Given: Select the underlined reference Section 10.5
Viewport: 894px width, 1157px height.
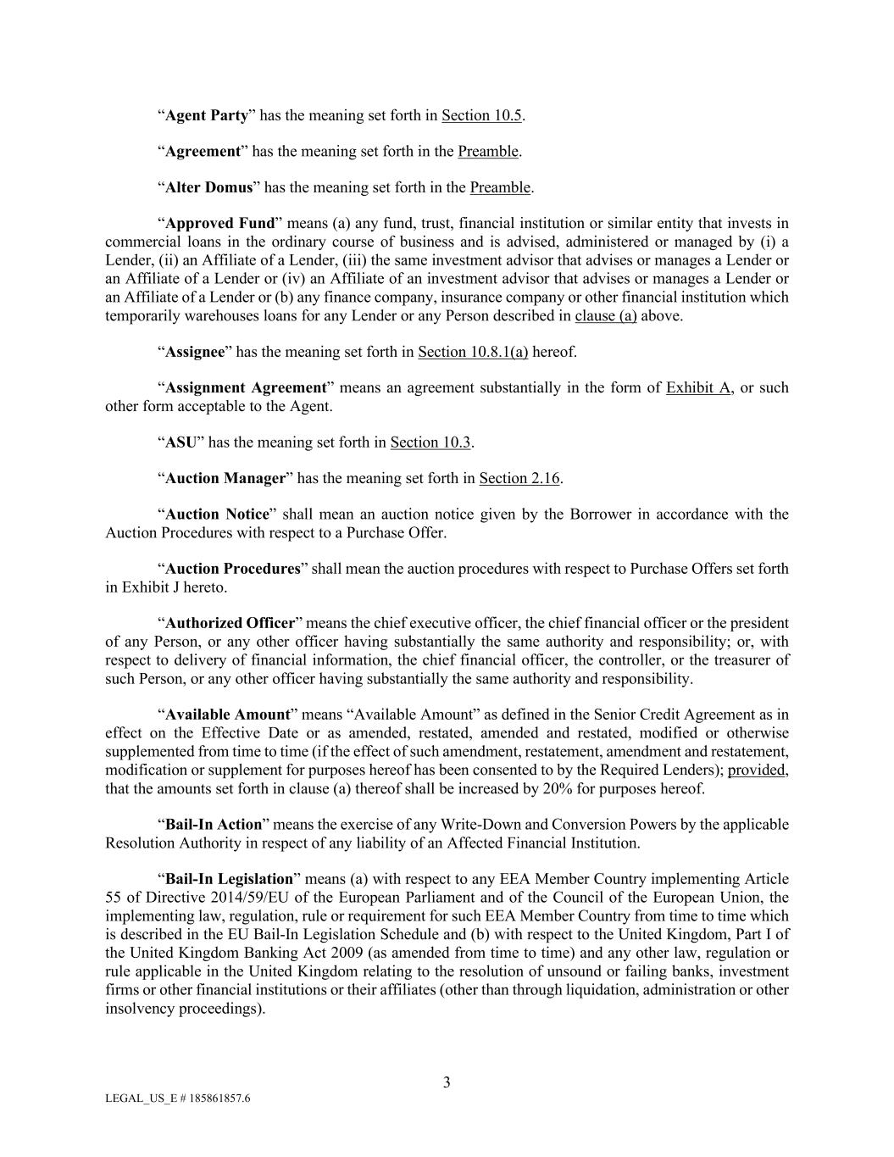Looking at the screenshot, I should pyautogui.click(x=481, y=115).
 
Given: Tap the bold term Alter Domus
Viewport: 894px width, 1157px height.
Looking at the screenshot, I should pyautogui.click(x=208, y=187).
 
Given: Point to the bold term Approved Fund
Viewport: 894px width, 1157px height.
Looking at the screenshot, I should pyautogui.click(x=220, y=224).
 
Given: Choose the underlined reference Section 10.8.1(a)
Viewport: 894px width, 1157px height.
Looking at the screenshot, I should pyautogui.click(x=473, y=352).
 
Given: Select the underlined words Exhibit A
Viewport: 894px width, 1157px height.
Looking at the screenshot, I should pyautogui.click(x=699, y=388).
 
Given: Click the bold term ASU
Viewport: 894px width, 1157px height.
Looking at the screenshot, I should pyautogui.click(x=180, y=442).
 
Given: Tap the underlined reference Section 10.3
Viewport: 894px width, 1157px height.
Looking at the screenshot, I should pyautogui.click(x=430, y=442).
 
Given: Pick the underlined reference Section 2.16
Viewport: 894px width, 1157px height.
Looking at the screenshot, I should pyautogui.click(x=519, y=479).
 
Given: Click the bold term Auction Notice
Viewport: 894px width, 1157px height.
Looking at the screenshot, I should pyautogui.click(x=217, y=515).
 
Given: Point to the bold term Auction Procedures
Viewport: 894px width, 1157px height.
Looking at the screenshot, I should pyautogui.click(x=233, y=569).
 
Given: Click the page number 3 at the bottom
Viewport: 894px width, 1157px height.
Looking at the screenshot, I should pyautogui.click(x=447, y=1082).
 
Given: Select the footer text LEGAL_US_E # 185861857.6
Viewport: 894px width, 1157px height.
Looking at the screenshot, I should pyautogui.click(x=178, y=1099).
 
